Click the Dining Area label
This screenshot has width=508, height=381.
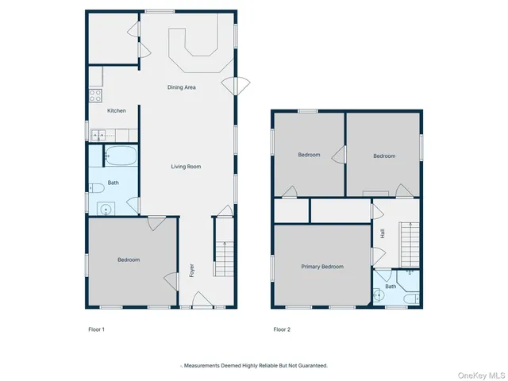pos(181,87)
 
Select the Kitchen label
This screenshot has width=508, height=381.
pos(117,110)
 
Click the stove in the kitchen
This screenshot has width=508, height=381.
pos(94,95)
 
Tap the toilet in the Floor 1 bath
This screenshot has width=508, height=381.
pos(94,188)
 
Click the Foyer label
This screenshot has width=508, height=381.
pos(191,270)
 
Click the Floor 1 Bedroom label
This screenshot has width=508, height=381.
pos(129,260)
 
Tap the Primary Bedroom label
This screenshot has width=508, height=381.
pos(321,267)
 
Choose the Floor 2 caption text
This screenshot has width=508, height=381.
pos(283,329)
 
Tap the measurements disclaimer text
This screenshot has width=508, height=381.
pos(254,366)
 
